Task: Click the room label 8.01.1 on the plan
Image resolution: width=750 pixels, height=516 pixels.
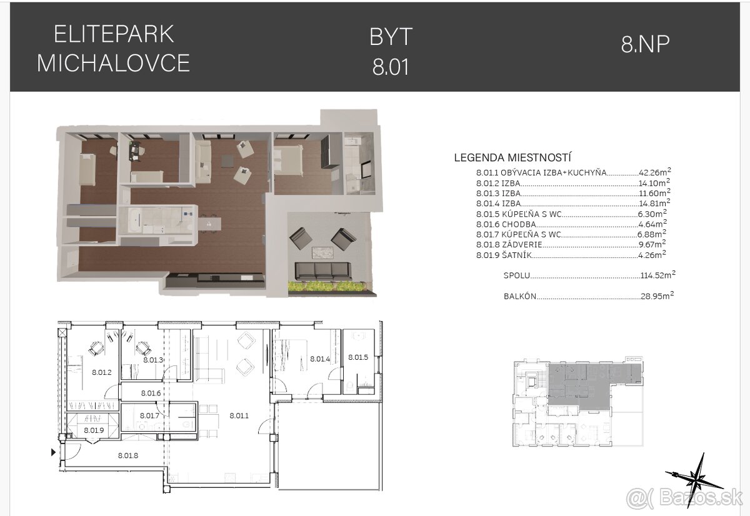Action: pos(239,414)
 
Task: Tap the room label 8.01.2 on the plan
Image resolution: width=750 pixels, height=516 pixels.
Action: pos(101,372)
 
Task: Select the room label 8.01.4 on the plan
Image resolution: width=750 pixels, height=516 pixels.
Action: pos(319,359)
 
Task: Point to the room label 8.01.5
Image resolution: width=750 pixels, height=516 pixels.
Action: pos(358,357)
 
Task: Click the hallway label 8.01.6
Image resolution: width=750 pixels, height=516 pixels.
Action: pos(151,393)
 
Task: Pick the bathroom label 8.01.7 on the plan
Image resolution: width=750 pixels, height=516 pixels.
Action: pos(150,415)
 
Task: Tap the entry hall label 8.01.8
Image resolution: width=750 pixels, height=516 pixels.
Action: pos(127,455)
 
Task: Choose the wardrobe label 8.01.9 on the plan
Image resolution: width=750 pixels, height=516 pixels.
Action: pos(94,430)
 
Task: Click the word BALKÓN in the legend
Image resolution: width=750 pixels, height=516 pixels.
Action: pos(519,297)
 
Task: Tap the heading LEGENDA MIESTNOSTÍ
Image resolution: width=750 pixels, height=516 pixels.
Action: pos(512,158)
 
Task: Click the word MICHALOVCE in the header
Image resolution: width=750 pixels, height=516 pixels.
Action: pos(113,63)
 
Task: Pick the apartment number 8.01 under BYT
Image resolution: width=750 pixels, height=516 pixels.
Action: pos(391,67)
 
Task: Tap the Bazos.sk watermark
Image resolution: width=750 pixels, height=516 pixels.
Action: pos(685,498)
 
